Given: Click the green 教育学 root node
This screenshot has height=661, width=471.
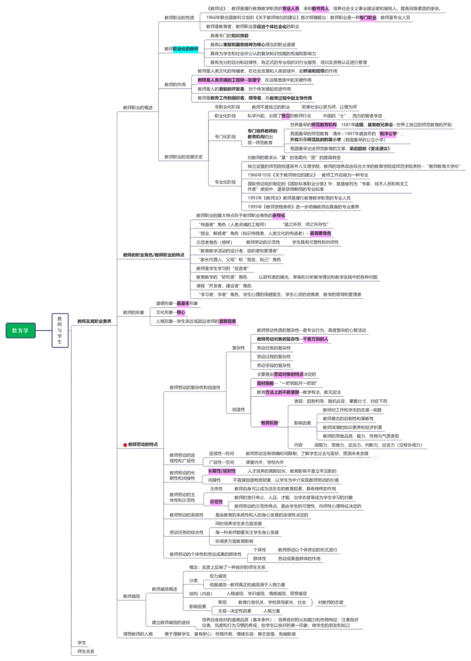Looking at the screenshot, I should pos(21,331).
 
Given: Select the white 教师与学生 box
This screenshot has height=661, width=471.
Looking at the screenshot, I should pos(60,330).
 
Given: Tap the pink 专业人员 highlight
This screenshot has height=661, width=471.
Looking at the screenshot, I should pos(291,9).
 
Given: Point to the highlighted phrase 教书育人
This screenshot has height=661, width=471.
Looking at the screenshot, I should pos(320,9).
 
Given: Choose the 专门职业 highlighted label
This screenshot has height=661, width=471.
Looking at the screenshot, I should pos(368,18).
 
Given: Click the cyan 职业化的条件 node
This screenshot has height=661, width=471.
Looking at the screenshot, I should pos(185,49).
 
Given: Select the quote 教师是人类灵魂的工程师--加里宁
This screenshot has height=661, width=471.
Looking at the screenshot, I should pos(229,80).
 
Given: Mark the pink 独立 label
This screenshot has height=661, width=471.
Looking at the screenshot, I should pos(286,116).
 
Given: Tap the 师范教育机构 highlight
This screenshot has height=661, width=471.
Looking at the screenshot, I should pos(324,125).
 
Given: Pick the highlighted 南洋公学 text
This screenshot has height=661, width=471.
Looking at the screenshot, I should pos(389,134).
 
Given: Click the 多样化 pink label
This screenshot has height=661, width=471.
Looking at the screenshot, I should pos(278,216).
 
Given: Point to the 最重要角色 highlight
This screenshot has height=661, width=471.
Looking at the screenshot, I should pos(320,234).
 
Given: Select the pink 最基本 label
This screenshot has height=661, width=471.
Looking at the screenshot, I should pos(183,303).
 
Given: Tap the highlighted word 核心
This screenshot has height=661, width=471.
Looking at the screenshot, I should pos(181,312).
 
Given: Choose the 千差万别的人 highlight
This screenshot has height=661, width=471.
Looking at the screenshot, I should pos(316,339).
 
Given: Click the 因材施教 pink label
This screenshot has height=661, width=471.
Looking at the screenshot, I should pos(265,384).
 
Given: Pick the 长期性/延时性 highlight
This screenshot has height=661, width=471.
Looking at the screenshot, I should pos(221,471).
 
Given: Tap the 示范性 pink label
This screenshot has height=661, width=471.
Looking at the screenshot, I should pos(217,502).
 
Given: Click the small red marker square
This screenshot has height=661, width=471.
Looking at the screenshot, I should pos(125,445).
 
